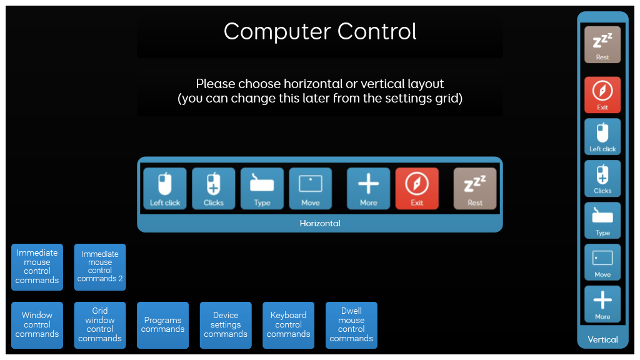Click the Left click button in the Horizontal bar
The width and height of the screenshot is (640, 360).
pos(165,189)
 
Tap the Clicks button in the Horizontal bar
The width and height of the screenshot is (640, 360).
pos(214,189)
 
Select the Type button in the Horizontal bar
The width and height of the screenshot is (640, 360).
pos(262,189)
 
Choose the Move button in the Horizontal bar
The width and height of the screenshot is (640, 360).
pos(311,189)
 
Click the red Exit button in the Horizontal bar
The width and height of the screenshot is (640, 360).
pos(417,189)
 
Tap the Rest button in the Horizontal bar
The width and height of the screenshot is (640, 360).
pos(475,189)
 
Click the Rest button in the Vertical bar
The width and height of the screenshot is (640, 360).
pos(602,44)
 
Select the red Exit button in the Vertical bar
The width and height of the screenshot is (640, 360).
pos(602,95)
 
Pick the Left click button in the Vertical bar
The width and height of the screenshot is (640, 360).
pos(602,137)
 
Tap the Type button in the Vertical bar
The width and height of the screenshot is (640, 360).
pos(602,221)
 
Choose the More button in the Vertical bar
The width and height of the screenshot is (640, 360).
pos(602,304)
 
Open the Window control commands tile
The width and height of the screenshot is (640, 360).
pos(37,325)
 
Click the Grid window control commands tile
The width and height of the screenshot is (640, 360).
pos(100,325)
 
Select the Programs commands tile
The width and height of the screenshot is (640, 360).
pos(163,325)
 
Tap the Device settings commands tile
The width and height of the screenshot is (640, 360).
pos(226,325)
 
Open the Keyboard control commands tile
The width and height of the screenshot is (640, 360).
pos(289,325)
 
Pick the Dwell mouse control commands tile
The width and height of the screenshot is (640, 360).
pos(351,325)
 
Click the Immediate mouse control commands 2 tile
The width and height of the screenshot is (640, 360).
pos(100,267)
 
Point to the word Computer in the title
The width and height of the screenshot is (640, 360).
pos(277,32)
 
